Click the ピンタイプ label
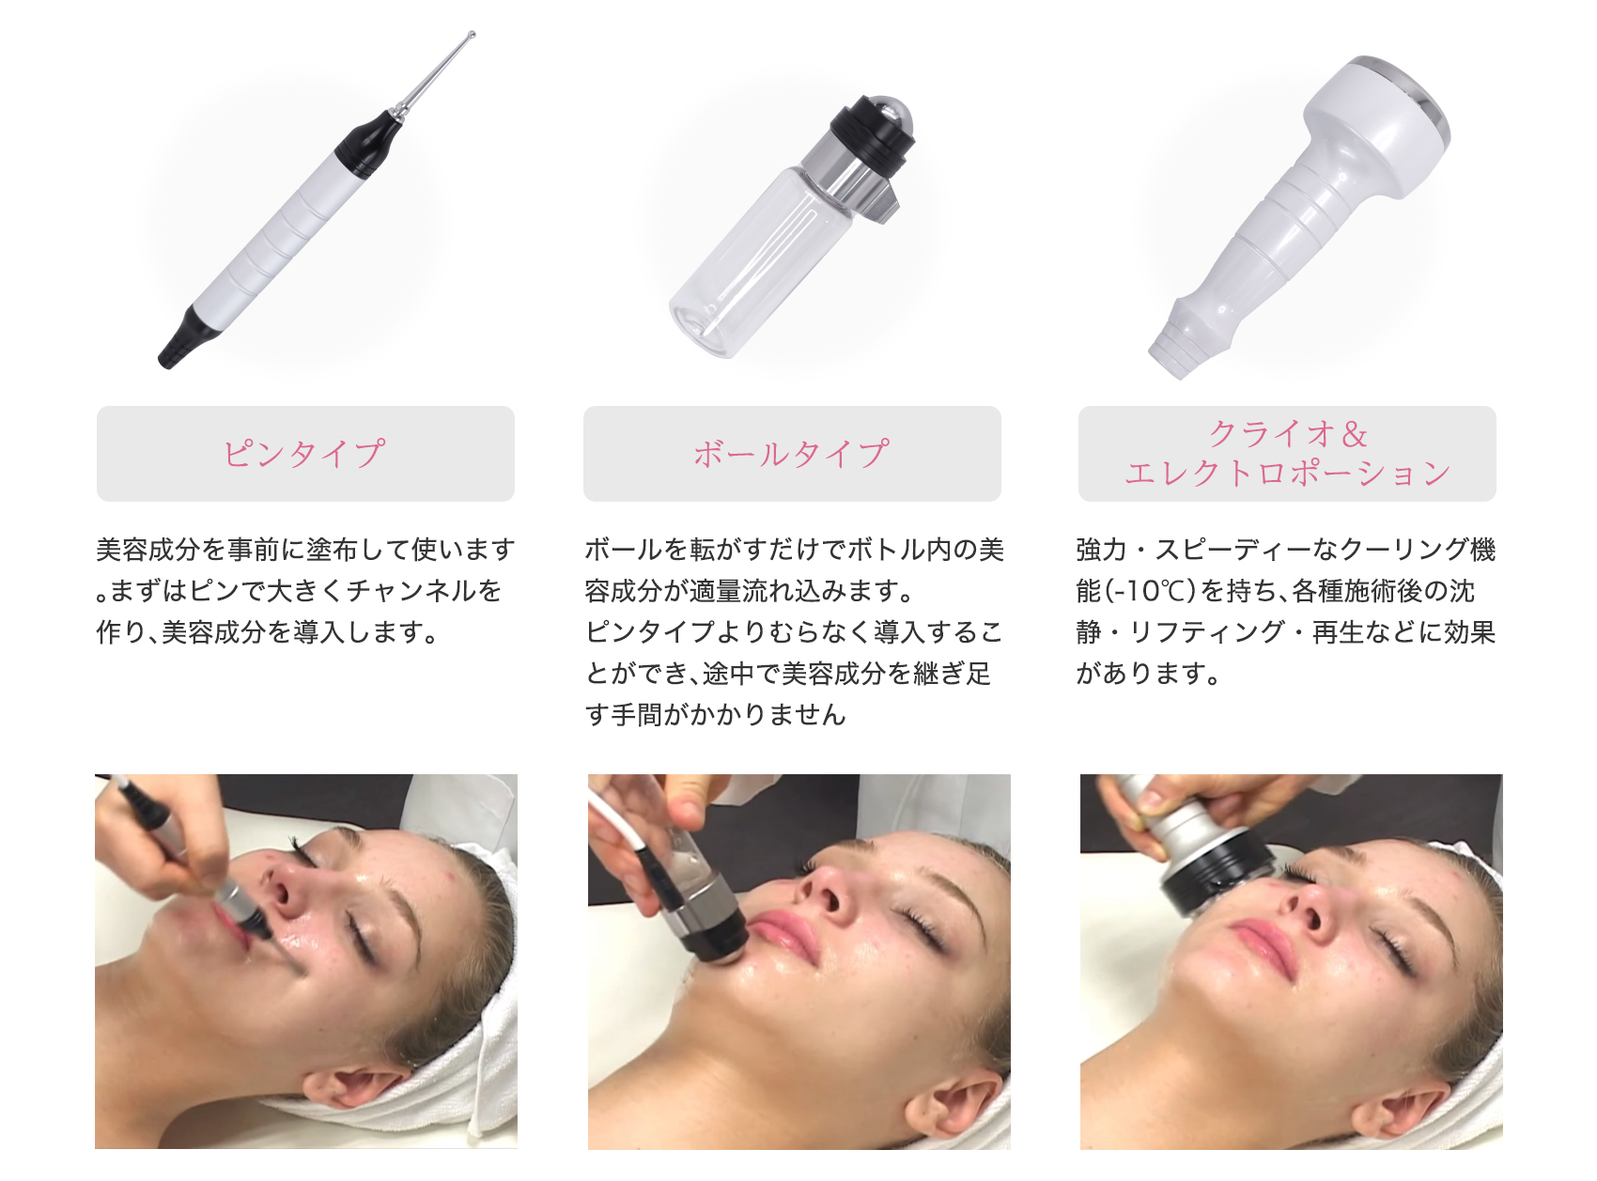click(304, 454)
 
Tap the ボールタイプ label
click(791, 454)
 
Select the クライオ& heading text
click(1287, 434)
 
